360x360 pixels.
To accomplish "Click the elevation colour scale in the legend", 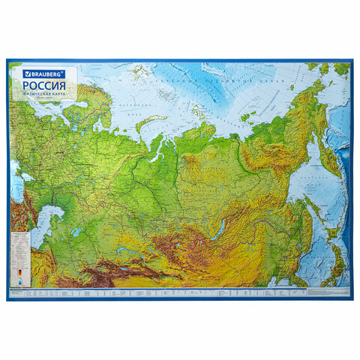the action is [x=19, y=271].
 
